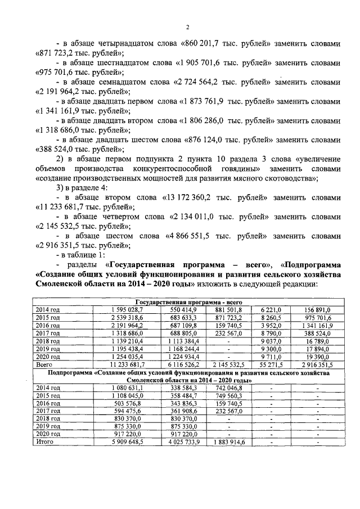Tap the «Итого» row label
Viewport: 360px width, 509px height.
point(44,442)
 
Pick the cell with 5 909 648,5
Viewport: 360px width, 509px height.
point(129,442)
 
